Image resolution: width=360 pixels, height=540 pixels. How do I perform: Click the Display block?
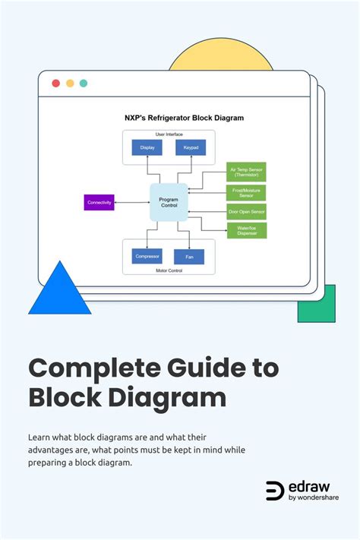(147, 147)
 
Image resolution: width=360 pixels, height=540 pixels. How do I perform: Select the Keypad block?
(190, 147)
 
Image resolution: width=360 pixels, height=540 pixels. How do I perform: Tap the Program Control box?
(169, 202)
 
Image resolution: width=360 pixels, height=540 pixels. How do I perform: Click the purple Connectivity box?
(99, 202)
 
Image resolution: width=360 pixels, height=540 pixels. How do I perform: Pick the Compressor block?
(147, 256)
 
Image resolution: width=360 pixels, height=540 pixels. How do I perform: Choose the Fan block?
(188, 257)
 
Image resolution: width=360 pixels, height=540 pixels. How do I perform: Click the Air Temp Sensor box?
(246, 172)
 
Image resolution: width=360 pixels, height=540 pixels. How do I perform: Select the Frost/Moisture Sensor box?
(246, 192)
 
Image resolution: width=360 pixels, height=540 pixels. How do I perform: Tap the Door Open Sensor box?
(246, 212)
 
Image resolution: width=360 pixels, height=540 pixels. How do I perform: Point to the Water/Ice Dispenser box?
(246, 230)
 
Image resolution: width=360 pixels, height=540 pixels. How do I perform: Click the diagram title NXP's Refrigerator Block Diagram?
(185, 118)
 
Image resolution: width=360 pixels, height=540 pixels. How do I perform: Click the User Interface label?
(169, 134)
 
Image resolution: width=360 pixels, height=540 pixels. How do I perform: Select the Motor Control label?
(169, 269)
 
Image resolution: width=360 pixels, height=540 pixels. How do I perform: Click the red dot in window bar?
(55, 84)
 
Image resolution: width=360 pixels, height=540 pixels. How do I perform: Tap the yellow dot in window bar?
(70, 84)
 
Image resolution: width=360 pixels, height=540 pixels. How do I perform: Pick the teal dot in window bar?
(84, 84)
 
